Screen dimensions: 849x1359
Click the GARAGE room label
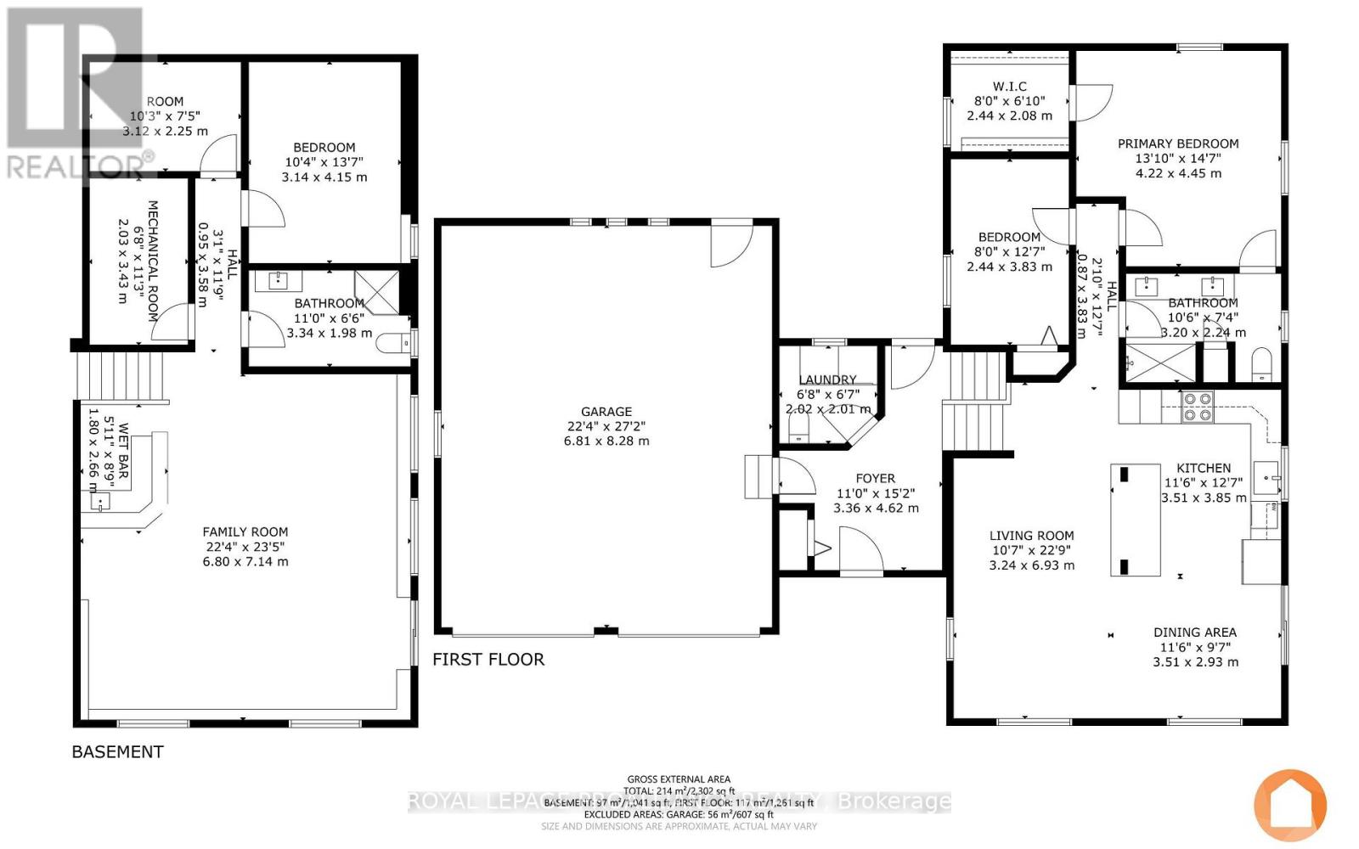606,412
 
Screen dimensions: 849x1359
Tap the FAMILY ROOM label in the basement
245,532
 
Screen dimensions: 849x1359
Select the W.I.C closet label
1009,87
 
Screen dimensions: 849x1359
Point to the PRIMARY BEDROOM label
1178,144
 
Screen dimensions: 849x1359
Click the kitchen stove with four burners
1198,407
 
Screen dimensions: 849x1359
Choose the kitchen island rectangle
1136,520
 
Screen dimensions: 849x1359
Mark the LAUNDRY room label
827,380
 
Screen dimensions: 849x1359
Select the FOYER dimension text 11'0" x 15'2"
876,493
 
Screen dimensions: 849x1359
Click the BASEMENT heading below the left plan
117,752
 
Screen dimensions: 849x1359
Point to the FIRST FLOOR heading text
488,660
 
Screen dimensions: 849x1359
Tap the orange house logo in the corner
1290,805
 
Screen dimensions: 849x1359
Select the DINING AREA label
1194,633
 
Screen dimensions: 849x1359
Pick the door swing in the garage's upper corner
732,241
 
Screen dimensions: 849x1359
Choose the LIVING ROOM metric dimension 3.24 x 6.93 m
1031,565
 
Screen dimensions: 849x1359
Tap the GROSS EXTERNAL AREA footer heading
679,779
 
